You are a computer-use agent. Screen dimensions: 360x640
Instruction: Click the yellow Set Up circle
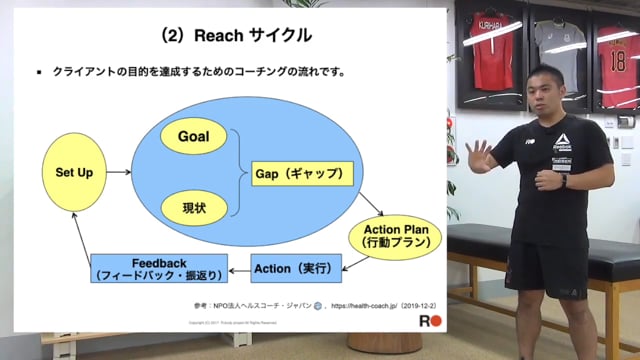click(x=73, y=173)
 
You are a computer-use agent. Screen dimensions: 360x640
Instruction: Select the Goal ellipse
click(x=193, y=136)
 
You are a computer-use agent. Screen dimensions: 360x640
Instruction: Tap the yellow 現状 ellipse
click(x=193, y=208)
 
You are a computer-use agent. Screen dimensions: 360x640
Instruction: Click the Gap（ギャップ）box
click(x=302, y=173)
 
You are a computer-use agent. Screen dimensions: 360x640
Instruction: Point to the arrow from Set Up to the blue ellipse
click(x=118, y=173)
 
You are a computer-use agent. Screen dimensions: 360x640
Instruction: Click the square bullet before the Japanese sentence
click(x=38, y=72)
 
